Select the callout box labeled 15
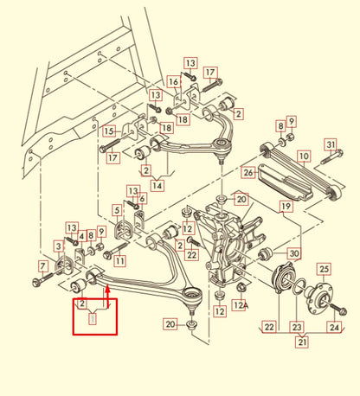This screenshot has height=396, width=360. click(x=109, y=131)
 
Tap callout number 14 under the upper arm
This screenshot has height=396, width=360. click(x=157, y=184)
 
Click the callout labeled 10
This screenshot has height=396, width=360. click(x=303, y=156)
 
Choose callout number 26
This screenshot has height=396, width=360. click(x=248, y=173)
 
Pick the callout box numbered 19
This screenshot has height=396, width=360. click(x=285, y=207)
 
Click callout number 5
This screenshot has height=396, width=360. click(x=116, y=209)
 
